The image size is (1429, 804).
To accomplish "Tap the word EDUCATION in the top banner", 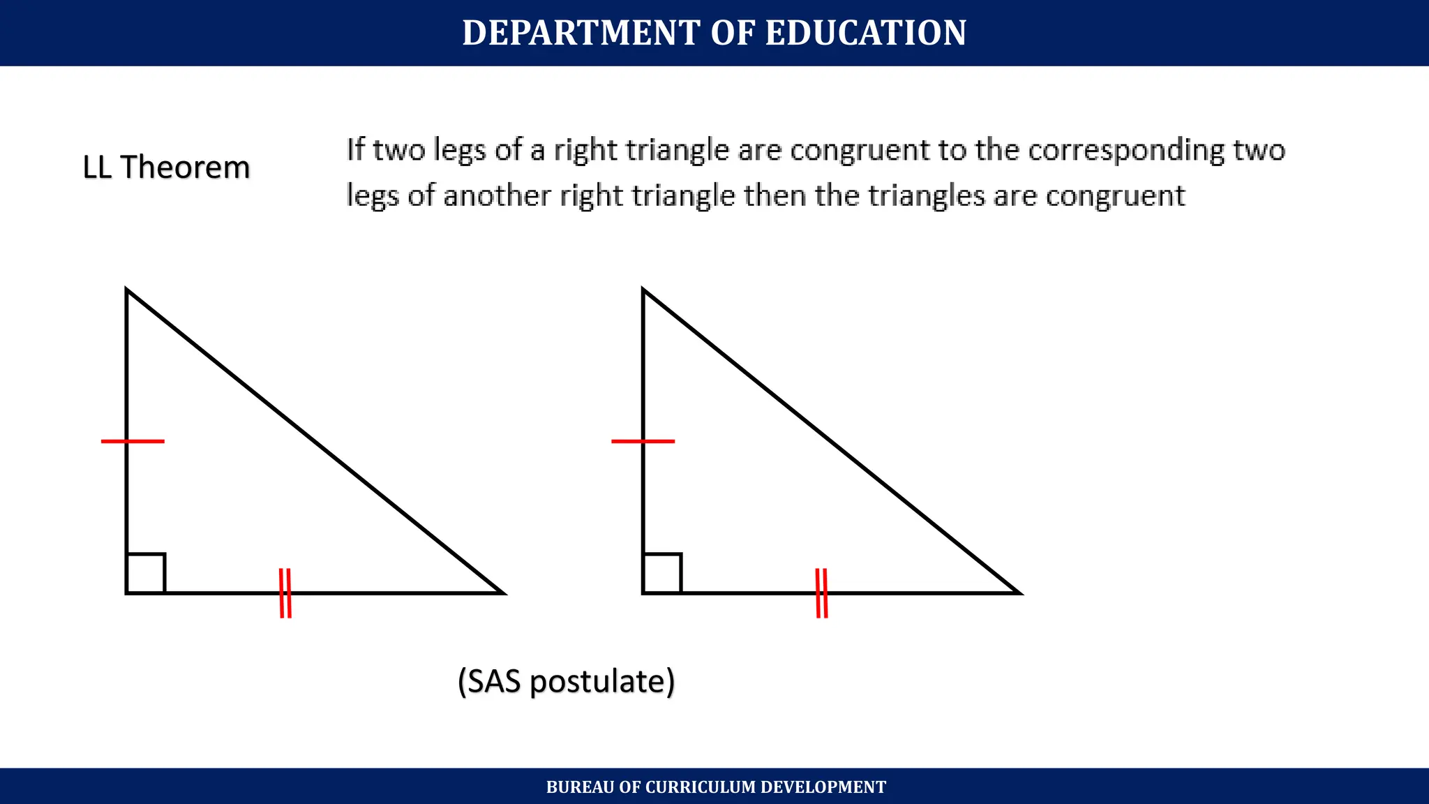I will tap(866, 33).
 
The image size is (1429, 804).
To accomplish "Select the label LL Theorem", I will tap(166, 167).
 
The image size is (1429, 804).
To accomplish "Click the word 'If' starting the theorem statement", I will tap(355, 150).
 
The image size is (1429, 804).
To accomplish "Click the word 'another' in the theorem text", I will tap(497, 195).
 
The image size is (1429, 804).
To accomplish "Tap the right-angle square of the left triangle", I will tap(146, 573).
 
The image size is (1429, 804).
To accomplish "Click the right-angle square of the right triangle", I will tap(662, 573).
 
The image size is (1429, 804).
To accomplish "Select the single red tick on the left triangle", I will tap(133, 441).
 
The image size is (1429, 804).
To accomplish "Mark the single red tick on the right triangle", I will tap(643, 441).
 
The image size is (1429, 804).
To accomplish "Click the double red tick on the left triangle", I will tap(285, 593).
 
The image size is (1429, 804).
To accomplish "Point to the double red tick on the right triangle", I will tap(822, 593).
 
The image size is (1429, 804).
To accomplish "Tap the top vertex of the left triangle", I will tap(127, 290).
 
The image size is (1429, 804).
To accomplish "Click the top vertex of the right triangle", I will tap(643, 290).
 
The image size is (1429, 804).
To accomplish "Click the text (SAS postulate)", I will tap(566, 681).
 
